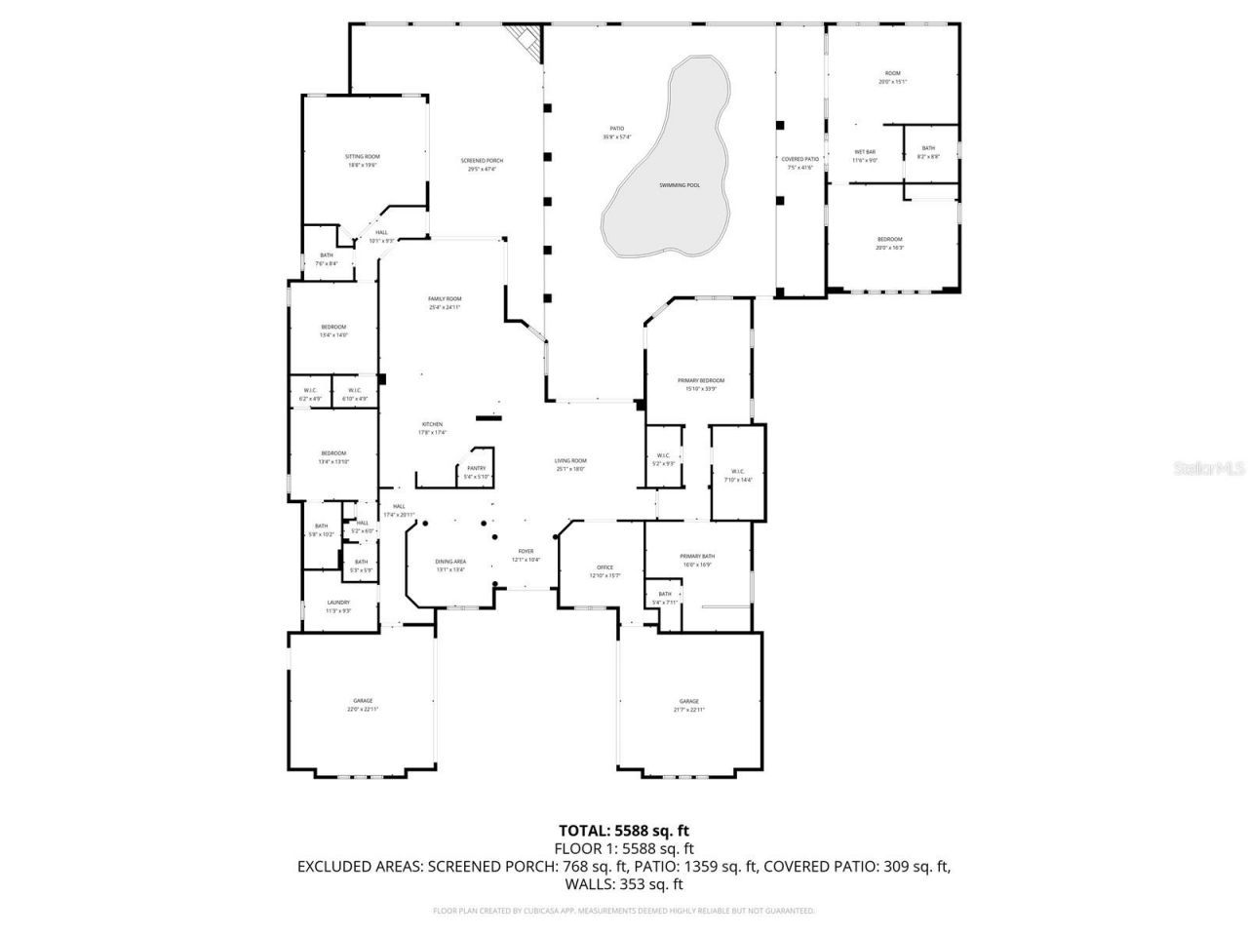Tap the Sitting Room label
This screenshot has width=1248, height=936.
click(362, 157)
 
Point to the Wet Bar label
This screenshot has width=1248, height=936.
click(865, 152)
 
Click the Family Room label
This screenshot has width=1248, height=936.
click(445, 299)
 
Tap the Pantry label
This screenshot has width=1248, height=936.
click(476, 469)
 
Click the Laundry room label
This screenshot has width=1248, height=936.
click(338, 603)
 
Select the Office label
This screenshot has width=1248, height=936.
click(604, 568)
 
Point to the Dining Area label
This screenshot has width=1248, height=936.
click(449, 562)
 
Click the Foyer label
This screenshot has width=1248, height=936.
click(526, 552)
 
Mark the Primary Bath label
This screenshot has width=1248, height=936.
click(697, 557)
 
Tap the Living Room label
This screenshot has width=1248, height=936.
click(570, 461)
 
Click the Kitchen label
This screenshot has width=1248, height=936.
click(432, 425)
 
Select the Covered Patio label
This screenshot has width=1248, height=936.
click(799, 159)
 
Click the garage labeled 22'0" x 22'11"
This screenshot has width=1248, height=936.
click(363, 701)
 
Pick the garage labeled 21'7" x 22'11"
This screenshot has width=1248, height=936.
click(689, 702)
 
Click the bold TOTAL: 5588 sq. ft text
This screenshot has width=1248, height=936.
click(624, 831)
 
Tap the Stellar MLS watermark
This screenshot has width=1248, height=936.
click(1209, 469)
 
